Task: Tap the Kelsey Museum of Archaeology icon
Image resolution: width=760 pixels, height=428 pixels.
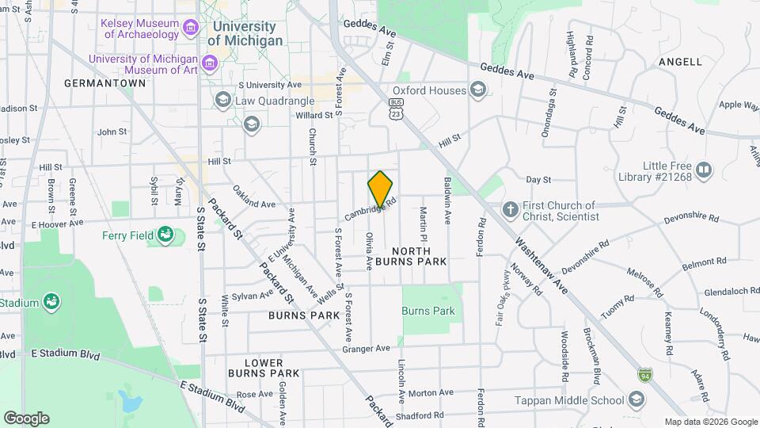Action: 189,29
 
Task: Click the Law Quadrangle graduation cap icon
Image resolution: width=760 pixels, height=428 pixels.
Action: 222,100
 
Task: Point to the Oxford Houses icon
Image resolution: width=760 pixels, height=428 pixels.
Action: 477,90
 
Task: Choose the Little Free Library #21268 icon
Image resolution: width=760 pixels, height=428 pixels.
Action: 704,170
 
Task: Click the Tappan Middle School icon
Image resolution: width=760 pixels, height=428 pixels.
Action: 636,401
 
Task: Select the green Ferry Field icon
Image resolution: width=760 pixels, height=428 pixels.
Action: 165,235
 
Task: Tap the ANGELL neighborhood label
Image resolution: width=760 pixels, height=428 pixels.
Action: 679,62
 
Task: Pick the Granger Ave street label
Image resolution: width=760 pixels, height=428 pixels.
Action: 366,348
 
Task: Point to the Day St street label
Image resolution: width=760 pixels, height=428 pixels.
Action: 538,180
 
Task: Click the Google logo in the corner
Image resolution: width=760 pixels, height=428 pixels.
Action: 26,418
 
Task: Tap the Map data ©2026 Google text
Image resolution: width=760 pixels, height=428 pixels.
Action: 710,422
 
